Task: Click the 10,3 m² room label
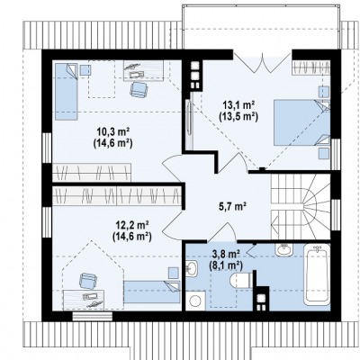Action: click(112, 131)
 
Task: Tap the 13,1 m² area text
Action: click(238, 105)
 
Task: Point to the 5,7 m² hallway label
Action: click(231, 206)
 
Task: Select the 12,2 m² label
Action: click(132, 225)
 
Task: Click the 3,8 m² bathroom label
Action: click(226, 255)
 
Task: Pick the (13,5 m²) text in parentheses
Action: click(238, 116)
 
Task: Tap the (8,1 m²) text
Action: click(226, 265)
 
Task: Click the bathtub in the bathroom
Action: click(317, 274)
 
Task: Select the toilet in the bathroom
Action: click(240, 282)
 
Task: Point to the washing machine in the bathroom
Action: click(195, 301)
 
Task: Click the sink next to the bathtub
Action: click(284, 249)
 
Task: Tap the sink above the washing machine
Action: click(192, 268)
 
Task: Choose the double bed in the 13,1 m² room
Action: click(301, 122)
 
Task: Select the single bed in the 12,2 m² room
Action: click(152, 292)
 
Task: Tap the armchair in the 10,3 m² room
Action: click(139, 89)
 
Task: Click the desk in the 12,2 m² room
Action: click(84, 300)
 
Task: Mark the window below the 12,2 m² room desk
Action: click(93, 316)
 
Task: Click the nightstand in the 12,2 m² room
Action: click(174, 273)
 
